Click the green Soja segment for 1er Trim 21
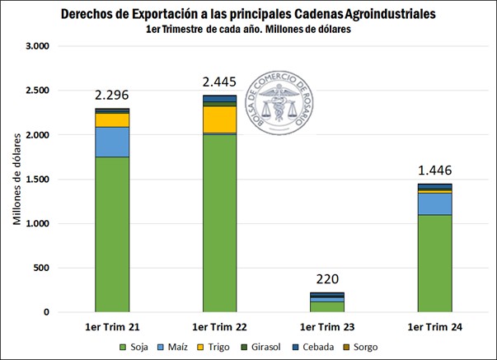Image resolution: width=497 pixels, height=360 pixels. (x=111, y=234)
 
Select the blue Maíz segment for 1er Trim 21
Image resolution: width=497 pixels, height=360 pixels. (x=111, y=142)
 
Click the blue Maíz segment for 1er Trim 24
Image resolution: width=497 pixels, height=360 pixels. (x=434, y=203)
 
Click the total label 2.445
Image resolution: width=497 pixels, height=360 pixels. (x=219, y=83)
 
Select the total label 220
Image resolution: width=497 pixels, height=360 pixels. (x=326, y=280)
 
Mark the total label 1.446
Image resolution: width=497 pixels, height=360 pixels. (x=434, y=171)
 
